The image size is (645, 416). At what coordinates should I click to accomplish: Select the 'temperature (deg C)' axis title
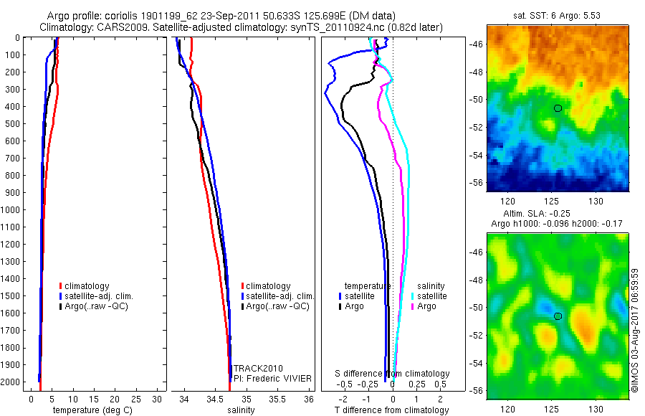[x=90, y=410]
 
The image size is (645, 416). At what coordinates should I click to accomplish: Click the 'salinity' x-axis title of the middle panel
[x=242, y=410]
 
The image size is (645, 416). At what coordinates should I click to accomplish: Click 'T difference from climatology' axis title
[x=391, y=410]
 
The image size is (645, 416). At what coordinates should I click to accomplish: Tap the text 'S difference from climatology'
[x=393, y=374]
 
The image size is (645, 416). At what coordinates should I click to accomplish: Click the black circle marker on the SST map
[x=558, y=108]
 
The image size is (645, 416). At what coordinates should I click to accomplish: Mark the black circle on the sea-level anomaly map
[x=558, y=316]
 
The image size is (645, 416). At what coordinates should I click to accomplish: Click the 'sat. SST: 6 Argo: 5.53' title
[x=558, y=15]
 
